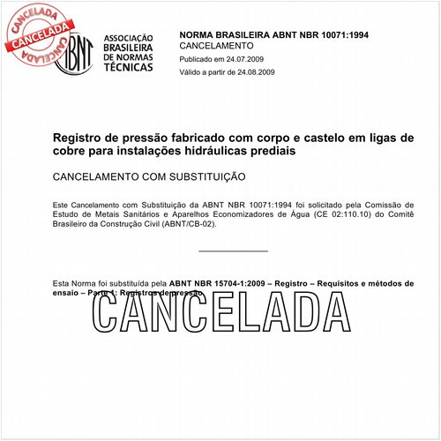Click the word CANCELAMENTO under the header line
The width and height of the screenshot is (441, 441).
(216, 44)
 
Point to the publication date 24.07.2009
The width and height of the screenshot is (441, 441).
(251, 58)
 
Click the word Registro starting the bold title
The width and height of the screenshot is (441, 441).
(80, 138)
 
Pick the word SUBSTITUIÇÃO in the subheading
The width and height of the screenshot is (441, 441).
(204, 177)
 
